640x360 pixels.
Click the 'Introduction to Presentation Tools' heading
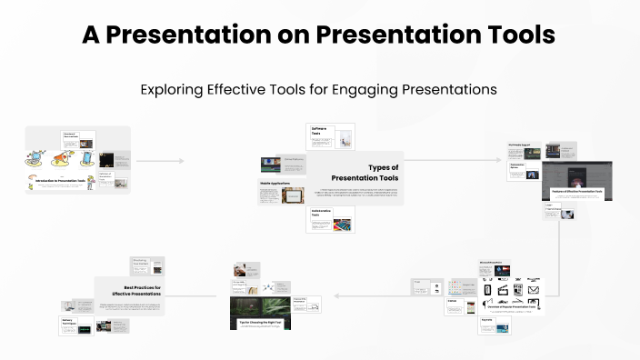[61, 181]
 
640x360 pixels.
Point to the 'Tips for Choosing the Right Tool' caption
[260, 323]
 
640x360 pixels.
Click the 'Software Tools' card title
[319, 131]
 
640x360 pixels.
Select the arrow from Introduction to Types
[160, 161]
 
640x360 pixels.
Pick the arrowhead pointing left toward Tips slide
[336, 295]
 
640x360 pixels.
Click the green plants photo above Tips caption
[260, 303]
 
